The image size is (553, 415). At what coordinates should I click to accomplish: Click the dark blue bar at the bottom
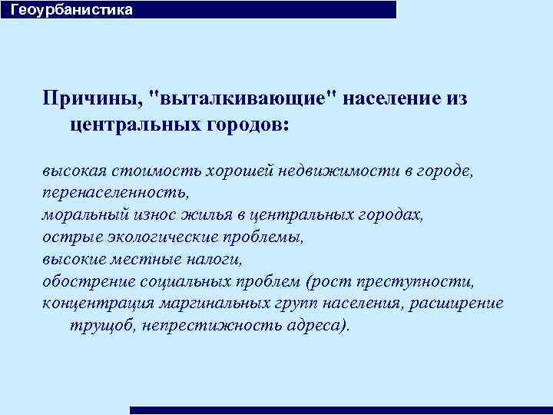pos(341,410)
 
